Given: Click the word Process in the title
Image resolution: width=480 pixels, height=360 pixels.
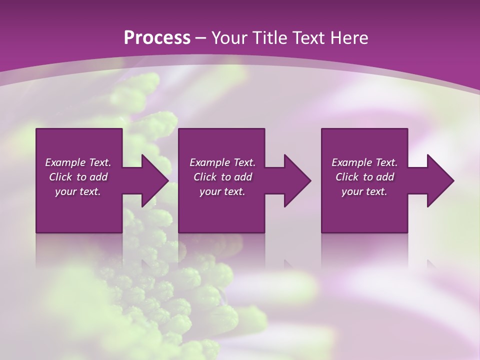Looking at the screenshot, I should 157,38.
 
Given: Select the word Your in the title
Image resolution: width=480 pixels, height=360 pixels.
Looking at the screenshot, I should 229,38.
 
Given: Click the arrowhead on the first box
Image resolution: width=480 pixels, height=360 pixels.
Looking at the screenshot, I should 153,180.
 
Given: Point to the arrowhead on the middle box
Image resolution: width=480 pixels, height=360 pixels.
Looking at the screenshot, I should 295,180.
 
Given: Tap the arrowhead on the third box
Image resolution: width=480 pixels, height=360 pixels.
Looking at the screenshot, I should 438,180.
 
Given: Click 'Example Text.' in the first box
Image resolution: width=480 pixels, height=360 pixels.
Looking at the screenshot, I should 78,162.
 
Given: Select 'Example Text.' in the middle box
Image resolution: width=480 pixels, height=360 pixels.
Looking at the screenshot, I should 222,162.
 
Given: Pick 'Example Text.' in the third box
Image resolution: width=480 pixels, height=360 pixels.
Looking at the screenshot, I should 364,162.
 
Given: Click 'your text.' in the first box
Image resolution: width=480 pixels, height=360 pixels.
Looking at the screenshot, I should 78,192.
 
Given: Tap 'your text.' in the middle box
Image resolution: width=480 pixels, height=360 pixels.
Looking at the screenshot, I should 222,192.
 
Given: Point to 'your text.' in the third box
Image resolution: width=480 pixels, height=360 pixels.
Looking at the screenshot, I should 364,192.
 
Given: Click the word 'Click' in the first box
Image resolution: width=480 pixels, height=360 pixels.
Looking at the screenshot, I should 60,177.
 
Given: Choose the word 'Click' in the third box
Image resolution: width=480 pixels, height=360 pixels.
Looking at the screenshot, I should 347,177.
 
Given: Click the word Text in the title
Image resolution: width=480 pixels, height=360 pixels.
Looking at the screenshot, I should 309,38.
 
